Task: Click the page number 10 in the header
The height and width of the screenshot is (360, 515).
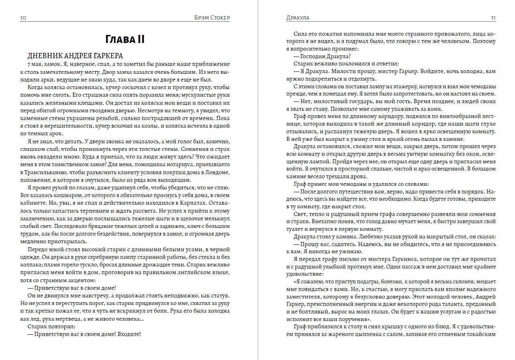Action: point(23,18)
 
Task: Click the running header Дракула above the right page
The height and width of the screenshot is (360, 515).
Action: point(298,18)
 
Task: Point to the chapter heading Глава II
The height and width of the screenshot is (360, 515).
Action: point(125,39)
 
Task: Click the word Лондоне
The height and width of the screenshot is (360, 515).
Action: point(216,172)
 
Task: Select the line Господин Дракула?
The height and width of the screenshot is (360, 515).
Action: point(322,56)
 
